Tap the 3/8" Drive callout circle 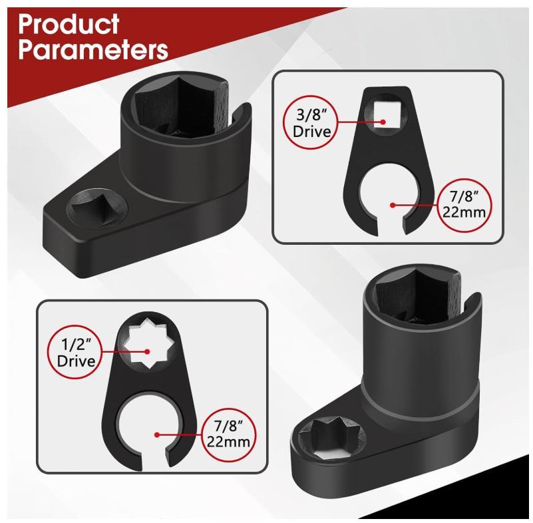313,122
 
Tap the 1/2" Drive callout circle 73,352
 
